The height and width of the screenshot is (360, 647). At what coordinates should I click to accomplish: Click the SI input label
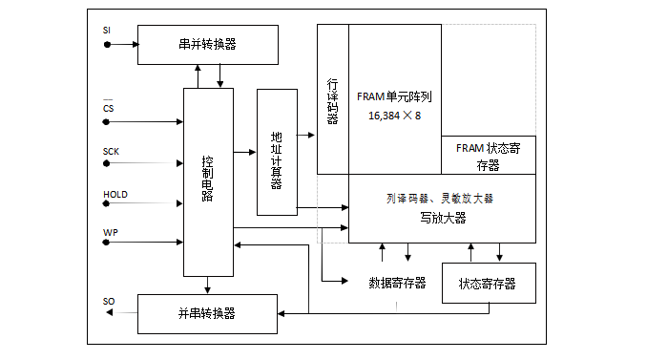pos(107,31)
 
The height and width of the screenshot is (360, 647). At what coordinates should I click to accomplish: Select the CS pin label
pos(109,108)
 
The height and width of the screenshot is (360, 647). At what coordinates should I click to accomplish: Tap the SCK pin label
pos(111,152)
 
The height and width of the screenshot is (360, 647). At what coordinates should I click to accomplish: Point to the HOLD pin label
pos(115,195)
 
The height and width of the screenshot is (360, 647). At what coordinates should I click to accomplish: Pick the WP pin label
pos(109,232)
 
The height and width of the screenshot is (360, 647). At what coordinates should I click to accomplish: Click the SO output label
pos(109,302)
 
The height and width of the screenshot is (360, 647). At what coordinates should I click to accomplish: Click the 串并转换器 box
pos(208,44)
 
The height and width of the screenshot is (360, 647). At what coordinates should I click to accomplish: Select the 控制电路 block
pos(208,180)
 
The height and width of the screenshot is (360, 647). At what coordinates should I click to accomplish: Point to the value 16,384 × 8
pos(394,116)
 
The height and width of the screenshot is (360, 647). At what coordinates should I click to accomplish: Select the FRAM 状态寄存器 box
pos(488,155)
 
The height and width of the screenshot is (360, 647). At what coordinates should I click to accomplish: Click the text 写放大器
pos(442,218)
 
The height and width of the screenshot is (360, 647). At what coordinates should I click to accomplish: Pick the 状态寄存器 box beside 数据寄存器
pos(488,283)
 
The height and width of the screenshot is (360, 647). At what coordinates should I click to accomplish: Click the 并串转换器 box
pos(208,312)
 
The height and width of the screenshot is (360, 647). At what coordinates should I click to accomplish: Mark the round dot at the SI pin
pos(107,44)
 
